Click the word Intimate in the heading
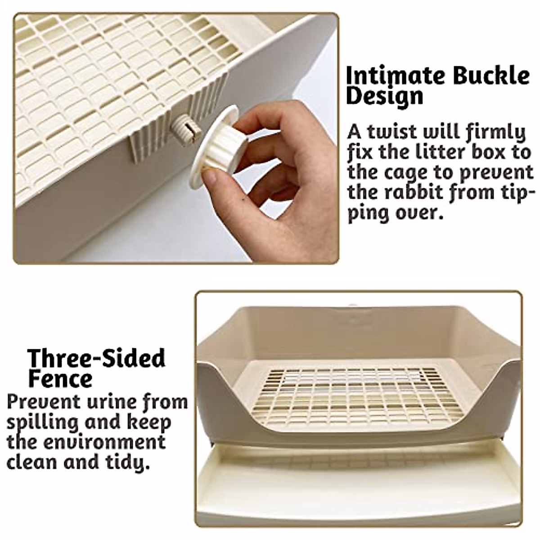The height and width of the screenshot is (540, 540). [x=396, y=76]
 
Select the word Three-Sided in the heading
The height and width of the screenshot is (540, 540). [x=96, y=359]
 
